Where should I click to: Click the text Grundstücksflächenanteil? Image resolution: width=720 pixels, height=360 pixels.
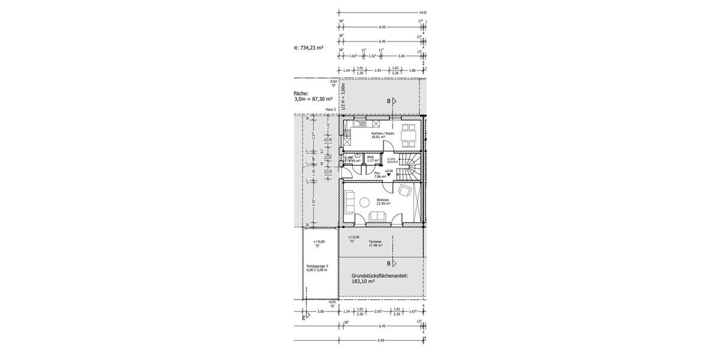click(x=379, y=275)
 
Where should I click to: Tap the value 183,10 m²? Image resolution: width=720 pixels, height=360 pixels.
click(x=364, y=281)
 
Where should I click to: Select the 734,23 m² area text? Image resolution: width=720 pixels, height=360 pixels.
click(x=311, y=47)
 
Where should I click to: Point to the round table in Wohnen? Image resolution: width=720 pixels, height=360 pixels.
click(x=364, y=202)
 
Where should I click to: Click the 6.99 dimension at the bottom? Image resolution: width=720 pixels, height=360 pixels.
click(x=381, y=340)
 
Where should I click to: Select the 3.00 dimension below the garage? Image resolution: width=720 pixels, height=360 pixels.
click(x=320, y=311)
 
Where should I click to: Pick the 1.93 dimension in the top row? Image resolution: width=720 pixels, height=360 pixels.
click(x=378, y=70)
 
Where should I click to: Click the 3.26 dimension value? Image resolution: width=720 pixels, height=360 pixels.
click(x=401, y=56)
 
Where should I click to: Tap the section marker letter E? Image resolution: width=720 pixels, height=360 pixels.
click(x=303, y=317)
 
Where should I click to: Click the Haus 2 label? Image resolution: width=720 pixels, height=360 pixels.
click(x=330, y=109)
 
